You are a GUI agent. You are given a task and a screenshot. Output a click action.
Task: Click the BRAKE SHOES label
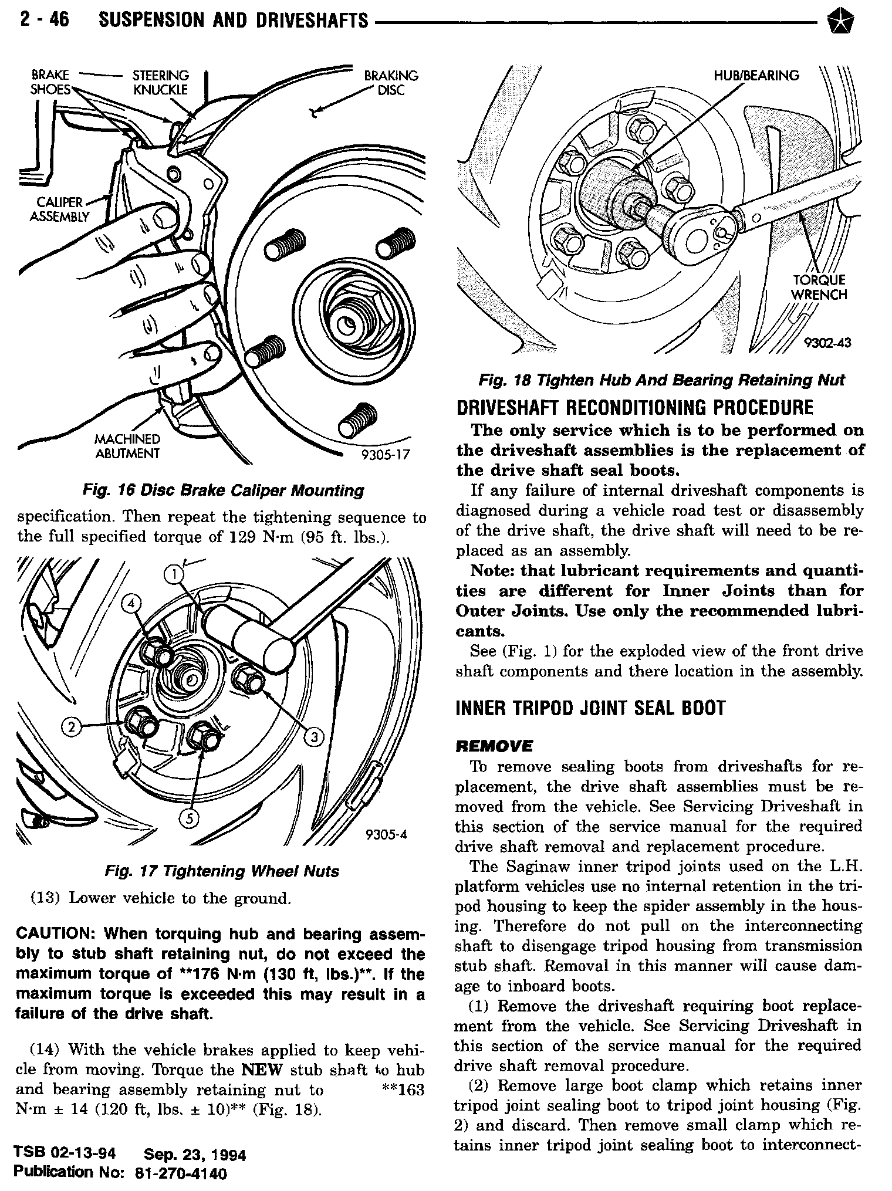50,83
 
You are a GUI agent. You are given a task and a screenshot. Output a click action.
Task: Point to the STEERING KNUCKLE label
161,83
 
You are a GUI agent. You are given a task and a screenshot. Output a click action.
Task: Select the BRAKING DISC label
391,83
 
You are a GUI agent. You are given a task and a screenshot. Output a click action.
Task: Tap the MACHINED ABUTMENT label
127,446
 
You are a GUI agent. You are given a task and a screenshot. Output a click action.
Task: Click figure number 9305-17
384,455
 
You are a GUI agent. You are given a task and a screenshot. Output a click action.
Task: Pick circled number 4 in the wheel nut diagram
133,604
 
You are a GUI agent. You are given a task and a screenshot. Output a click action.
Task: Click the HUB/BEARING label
756,75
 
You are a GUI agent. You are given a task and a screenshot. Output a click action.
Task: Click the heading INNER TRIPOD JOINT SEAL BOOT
590,709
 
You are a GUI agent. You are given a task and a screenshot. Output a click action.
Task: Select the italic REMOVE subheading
494,746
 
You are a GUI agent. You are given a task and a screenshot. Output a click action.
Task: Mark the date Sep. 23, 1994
194,1155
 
